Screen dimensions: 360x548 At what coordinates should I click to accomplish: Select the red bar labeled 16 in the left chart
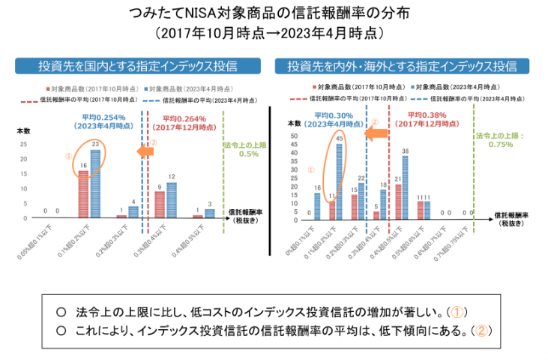point(83,193)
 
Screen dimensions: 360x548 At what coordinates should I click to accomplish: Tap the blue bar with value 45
point(340,181)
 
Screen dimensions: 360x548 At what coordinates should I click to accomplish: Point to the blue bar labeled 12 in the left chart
point(172,199)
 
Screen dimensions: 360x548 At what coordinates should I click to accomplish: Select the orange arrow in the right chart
point(377,133)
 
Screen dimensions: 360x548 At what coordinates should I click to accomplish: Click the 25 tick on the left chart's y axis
point(23,144)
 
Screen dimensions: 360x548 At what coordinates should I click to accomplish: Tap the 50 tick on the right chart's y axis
point(295,136)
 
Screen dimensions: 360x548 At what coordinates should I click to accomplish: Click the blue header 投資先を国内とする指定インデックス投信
point(139,66)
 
